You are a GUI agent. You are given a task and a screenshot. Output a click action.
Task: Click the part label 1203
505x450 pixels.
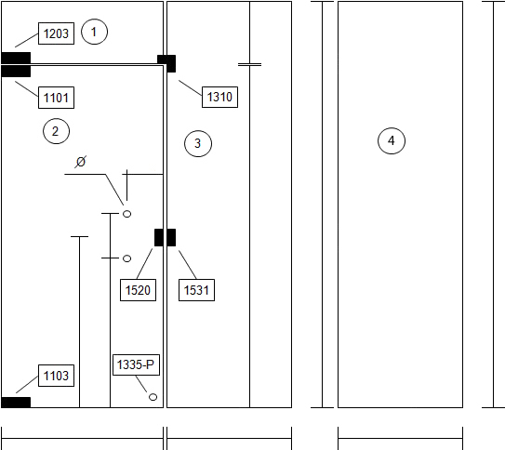(56, 33)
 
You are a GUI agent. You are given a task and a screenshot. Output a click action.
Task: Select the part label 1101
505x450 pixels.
(56, 98)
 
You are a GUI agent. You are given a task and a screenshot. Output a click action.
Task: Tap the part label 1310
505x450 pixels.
(219, 97)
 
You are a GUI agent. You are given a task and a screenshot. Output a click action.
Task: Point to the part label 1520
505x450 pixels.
(138, 290)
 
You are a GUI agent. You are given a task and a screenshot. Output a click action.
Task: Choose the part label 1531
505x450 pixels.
(196, 290)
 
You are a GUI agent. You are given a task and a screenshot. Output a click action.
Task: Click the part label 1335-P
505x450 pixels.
(136, 364)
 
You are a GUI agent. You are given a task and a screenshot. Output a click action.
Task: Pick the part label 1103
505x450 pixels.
(56, 376)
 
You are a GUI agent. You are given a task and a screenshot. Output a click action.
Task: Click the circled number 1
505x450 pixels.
(94, 32)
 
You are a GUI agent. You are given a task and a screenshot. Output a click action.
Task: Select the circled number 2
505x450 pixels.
(56, 131)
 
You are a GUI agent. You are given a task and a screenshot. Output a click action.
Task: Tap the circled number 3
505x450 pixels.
(198, 143)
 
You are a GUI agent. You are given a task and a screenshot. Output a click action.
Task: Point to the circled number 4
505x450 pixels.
(392, 140)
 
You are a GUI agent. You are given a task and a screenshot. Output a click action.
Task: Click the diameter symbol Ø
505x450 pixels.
(81, 161)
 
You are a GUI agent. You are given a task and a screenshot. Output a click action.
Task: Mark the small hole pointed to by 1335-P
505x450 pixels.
(153, 397)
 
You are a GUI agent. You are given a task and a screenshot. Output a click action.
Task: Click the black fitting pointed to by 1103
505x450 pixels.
(16, 403)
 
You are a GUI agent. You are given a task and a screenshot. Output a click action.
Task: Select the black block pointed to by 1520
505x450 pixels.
(159, 238)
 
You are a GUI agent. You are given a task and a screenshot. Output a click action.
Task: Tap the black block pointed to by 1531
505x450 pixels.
(171, 238)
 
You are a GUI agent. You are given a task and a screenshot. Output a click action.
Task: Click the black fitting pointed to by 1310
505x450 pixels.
(166, 63)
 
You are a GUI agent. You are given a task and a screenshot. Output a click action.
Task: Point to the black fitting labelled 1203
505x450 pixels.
(16, 58)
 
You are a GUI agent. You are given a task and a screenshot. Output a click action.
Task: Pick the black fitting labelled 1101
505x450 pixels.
(16, 72)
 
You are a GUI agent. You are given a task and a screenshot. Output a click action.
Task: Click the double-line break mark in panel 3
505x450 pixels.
(249, 65)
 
